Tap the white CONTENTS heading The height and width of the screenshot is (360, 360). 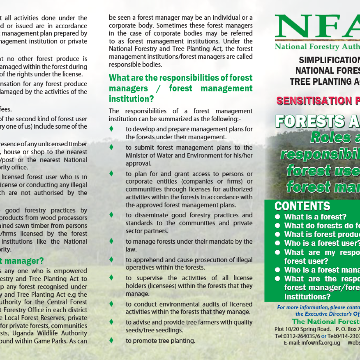click(302, 206)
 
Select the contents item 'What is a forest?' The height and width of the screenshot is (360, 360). click(315, 217)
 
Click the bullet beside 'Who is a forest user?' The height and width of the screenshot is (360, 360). click(278, 243)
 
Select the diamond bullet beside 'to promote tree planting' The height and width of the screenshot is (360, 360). click(111, 340)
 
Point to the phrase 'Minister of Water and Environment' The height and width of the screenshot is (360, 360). click(169, 156)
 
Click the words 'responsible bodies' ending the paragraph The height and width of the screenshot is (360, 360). click(135, 65)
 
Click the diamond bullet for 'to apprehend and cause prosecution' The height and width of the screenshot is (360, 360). click(111, 259)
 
